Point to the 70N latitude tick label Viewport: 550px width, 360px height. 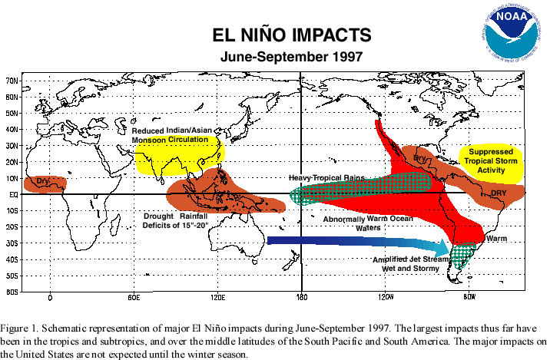pyautogui.click(x=12, y=81)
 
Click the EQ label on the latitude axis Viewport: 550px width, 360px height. pyautogui.click(x=13, y=194)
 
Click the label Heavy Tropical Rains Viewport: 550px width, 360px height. pyautogui.click(x=326, y=177)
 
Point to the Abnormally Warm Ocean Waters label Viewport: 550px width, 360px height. pyautogui.click(x=354, y=223)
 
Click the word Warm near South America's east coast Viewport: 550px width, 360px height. pyautogui.click(x=496, y=239)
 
